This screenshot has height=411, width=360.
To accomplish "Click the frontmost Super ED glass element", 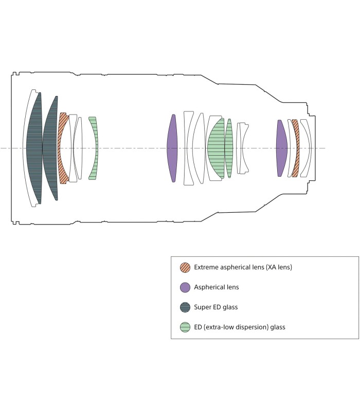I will click(x=35, y=148).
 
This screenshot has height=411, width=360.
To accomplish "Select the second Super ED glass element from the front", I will click(x=50, y=148).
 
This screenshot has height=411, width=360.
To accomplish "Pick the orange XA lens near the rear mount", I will click(x=295, y=148).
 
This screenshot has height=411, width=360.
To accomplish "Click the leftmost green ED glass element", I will click(x=94, y=148).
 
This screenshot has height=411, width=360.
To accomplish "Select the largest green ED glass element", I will click(x=216, y=148).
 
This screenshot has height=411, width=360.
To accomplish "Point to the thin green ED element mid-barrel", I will click(x=229, y=148).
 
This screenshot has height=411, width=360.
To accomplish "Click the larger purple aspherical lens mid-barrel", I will click(x=172, y=148).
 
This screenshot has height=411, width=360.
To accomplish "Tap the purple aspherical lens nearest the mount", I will click(x=281, y=148).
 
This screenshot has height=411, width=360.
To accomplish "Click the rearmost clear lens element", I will click(x=307, y=148).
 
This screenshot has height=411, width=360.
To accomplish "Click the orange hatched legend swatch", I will click(x=185, y=268).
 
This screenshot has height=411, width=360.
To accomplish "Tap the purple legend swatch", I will click(x=185, y=287).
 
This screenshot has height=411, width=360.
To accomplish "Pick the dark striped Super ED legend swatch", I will click(x=185, y=307).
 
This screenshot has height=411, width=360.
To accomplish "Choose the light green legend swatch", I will click(x=185, y=327).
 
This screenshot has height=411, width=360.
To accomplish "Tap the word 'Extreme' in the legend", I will click(x=205, y=268).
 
